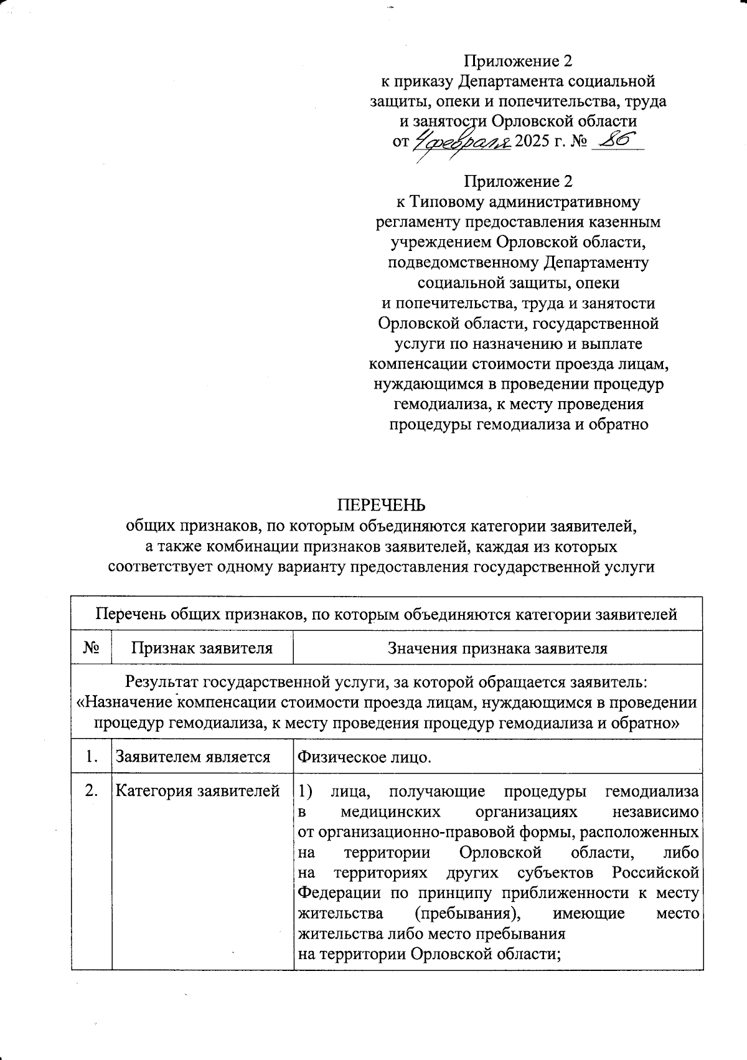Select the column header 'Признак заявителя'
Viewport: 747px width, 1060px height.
[202, 648]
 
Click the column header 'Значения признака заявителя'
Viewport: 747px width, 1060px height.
[497, 648]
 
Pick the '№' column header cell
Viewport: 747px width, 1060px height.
[92, 648]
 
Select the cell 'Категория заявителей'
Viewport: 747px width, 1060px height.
[198, 792]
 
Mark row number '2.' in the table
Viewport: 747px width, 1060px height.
[92, 792]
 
